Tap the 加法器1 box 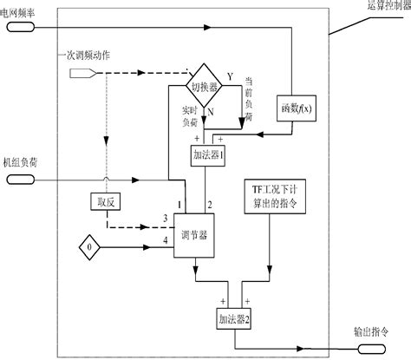(207, 155)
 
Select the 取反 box (103, 201)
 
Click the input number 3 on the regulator (165, 217)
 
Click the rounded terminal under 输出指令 (370, 349)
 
